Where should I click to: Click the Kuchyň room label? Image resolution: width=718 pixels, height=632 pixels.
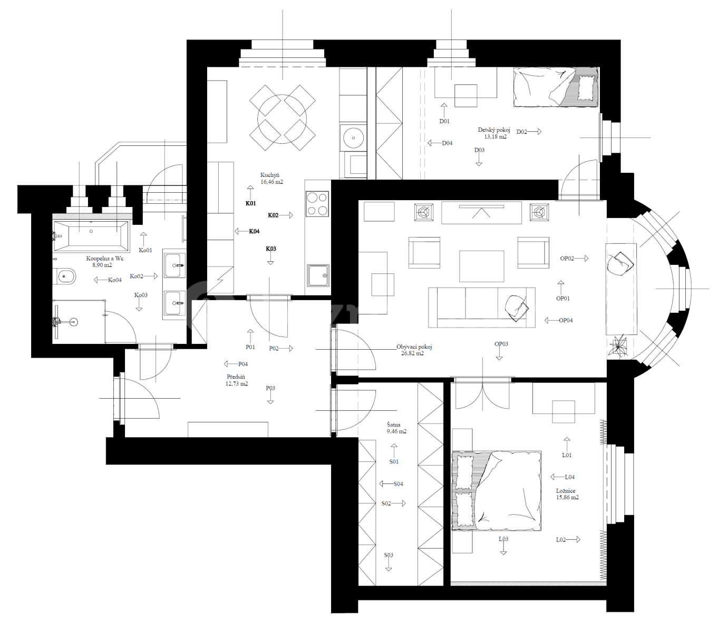pos(269,175)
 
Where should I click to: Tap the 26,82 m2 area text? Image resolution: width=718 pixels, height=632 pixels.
pos(412,354)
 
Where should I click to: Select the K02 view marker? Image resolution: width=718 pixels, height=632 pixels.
pos(274,215)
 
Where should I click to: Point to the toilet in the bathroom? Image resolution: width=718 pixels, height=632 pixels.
pos(65,275)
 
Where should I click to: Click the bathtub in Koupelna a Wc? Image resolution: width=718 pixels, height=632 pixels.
pos(91,236)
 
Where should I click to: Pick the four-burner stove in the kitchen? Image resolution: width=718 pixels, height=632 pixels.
pos(317,204)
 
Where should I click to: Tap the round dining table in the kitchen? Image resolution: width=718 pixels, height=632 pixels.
pos(282,117)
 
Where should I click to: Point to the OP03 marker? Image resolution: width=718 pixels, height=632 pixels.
pos(501,344)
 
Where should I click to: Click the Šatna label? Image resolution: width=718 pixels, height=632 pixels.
pos(393,424)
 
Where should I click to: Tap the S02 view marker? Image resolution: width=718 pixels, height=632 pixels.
pos(386,503)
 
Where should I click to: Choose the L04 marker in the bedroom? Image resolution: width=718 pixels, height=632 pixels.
pos(569,477)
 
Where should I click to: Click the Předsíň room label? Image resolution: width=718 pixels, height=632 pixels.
pos(236,377)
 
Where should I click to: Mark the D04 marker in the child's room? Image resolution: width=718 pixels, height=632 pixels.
pos(447,143)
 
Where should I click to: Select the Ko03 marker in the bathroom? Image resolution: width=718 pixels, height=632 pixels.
pos(141,295)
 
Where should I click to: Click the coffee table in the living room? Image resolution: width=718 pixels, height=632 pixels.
pos(481,266)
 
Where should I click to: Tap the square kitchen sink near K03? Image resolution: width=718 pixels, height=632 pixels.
pos(318,275)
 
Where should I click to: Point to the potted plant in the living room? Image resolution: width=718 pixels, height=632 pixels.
pos(617,347)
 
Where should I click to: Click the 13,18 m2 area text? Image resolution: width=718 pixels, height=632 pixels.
pos(495,137)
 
